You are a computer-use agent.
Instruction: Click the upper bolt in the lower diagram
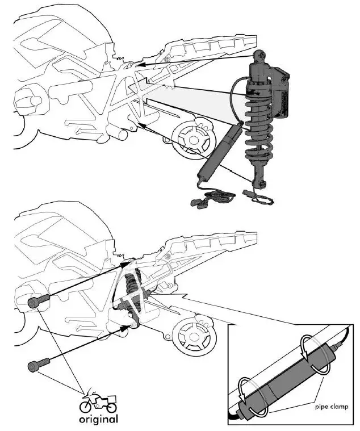[35, 303]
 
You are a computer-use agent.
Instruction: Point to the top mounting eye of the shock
[259, 55]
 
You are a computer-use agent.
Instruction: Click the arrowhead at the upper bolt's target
[127, 264]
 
